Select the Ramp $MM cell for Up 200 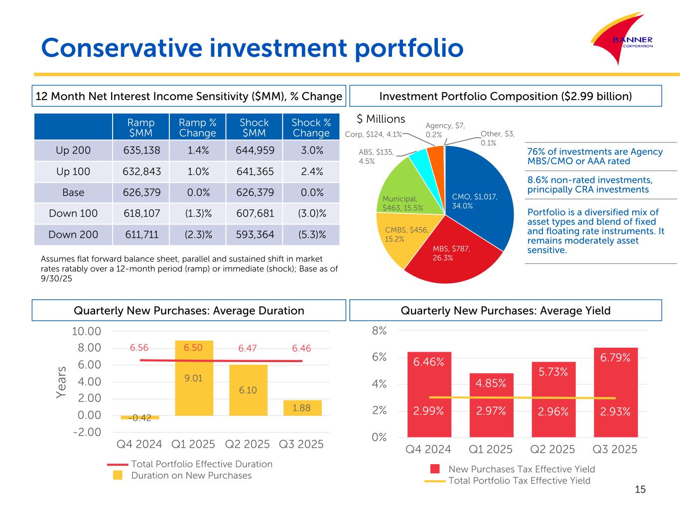(x=141, y=150)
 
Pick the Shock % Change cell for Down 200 (x=311, y=235)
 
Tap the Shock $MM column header (x=254, y=127)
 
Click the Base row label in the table (x=73, y=193)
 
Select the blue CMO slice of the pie (x=478, y=194)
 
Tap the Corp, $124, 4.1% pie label (x=373, y=134)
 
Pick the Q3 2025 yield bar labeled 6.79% (x=615, y=388)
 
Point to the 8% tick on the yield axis (x=380, y=331)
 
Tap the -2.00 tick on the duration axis (x=87, y=432)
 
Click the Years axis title (x=61, y=382)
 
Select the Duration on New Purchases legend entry (x=191, y=476)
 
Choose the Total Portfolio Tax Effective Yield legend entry (x=519, y=481)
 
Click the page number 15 (x=640, y=490)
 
